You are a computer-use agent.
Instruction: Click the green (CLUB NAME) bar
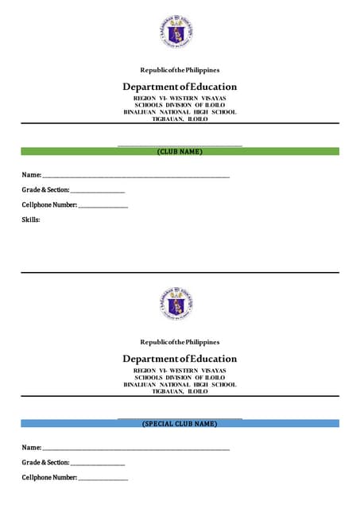tap(180, 151)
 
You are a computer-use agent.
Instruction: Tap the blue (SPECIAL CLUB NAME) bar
tap(180, 424)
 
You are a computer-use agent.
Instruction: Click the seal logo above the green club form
tap(180, 32)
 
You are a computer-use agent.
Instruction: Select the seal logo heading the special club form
tap(180, 304)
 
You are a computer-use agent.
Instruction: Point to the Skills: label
tap(31, 220)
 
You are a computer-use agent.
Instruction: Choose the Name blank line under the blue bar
tap(136, 449)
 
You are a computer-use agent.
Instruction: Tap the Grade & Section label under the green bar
tap(45, 191)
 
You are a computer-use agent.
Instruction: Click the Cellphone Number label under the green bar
tap(49, 205)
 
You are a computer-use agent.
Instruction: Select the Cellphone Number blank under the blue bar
tap(103, 479)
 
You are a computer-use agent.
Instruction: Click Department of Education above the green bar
tap(180, 87)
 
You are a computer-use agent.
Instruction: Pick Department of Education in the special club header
tap(180, 359)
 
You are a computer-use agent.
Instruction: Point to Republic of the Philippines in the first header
tap(180, 71)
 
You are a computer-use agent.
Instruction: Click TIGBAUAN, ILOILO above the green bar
tap(180, 119)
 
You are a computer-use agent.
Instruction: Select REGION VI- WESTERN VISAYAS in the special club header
tap(180, 371)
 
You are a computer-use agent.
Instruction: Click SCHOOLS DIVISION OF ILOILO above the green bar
tap(180, 105)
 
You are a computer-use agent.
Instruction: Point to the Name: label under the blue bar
tap(31, 449)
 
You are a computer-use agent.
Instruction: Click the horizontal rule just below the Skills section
tap(180, 273)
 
